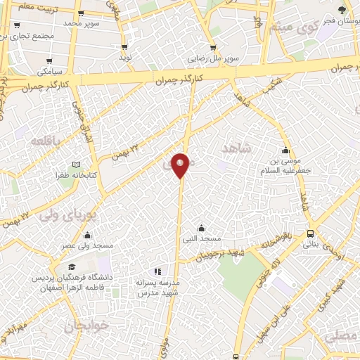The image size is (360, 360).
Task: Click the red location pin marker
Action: pos(181,165)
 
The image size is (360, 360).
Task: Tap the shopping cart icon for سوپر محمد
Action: pos(81,13)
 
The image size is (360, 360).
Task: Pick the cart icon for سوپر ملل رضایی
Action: pos(213,48)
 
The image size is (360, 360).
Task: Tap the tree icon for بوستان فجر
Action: pos(342,10)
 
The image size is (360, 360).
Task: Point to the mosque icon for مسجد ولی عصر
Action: pos(86,235)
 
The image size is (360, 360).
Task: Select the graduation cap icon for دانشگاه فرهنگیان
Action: pos(72,267)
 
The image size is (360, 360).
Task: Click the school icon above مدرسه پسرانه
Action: pos(157,271)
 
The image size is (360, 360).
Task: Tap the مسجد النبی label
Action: pos(202,239)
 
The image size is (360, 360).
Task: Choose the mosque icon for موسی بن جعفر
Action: pos(285,150)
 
